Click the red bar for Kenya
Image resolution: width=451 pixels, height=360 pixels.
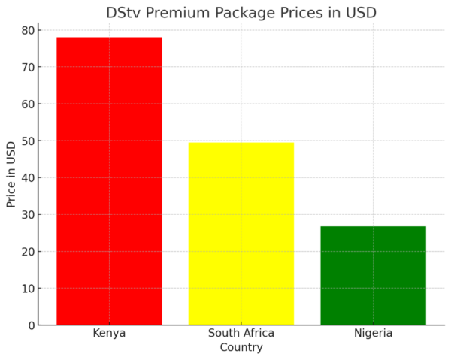pos(109,180)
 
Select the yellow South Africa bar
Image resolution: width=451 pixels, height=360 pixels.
pos(241,233)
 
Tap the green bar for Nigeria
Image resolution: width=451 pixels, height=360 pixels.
pos(373,275)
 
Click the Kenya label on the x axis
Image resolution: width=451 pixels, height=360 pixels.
pos(109,333)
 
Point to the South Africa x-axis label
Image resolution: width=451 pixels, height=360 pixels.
pos(241,333)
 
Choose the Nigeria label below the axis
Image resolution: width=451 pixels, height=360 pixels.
pos(373,333)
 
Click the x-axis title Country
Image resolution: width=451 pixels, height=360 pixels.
pos(241,347)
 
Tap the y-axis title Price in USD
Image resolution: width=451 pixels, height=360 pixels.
pos(11,174)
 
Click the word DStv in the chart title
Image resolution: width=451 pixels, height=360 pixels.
pos(123,13)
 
